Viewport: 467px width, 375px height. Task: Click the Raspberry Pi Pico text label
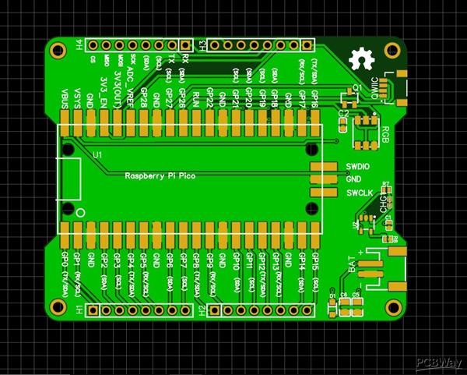pyautogui.click(x=160, y=177)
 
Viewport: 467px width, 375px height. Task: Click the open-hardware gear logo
pyautogui.click(x=360, y=59)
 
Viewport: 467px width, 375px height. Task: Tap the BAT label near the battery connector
pyautogui.click(x=354, y=265)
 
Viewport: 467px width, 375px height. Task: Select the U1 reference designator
pyautogui.click(x=97, y=156)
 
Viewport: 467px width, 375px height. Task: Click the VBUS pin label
pyautogui.click(x=64, y=98)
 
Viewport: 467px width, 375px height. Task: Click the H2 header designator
pyautogui.click(x=201, y=310)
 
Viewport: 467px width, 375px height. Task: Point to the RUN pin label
pyautogui.click(x=196, y=98)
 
